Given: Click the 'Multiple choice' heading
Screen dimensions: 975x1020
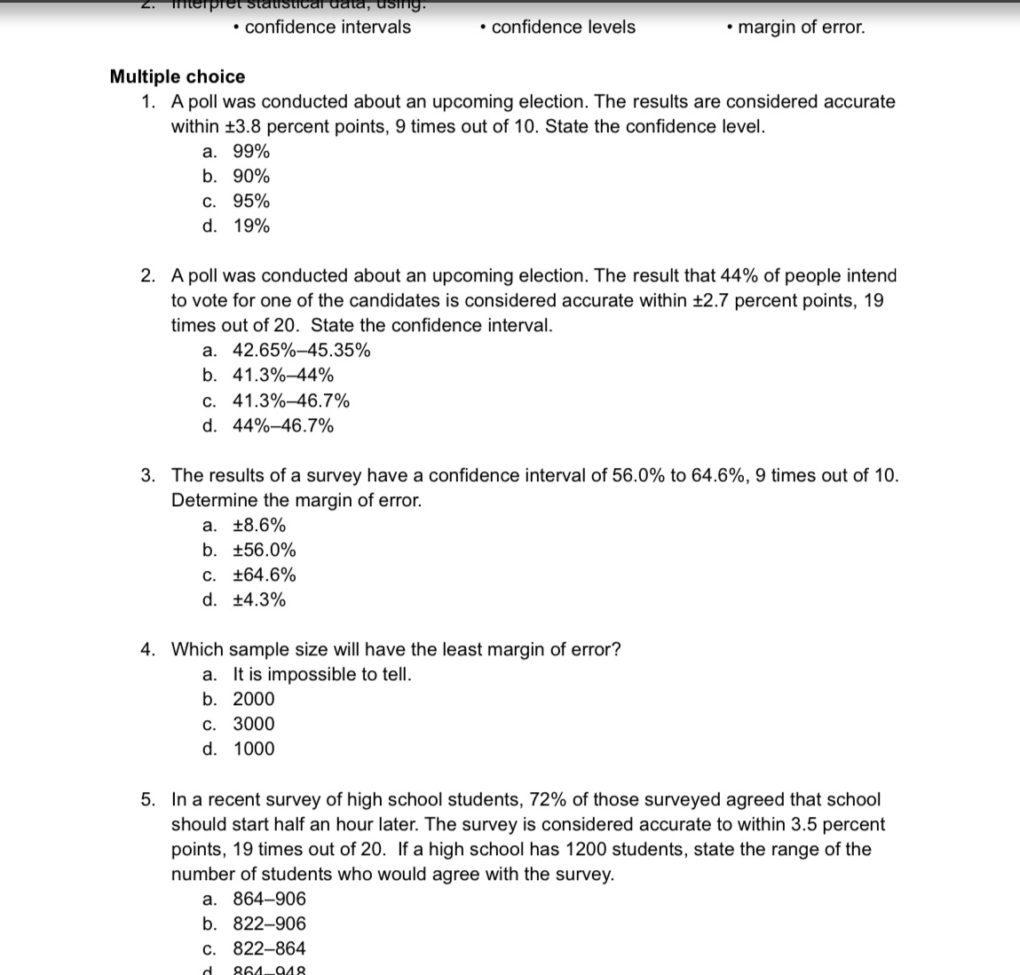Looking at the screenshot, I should pos(177,76).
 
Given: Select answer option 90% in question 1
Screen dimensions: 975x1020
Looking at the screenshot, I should pos(251,176).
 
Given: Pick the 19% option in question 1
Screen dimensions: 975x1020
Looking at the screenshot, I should pos(251,226).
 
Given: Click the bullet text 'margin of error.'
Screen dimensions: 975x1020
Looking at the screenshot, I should pos(801,27).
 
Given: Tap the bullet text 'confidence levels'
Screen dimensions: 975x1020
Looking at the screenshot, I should pos(563,27).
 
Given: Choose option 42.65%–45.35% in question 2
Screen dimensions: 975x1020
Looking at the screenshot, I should pos(302,350).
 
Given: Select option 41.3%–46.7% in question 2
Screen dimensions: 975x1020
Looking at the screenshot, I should pos(291,400).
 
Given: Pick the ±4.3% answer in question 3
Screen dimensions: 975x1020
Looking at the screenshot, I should pos(259,599).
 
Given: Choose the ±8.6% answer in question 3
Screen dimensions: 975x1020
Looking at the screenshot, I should pos(259,525).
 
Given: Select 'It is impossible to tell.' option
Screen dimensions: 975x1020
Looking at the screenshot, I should pos(322,674).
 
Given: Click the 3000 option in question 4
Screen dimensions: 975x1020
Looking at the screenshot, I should pos(254,724).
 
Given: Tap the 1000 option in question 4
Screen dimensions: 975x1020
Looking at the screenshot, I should pos(254,749).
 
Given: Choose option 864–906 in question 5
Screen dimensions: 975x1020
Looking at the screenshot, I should pos(269,898).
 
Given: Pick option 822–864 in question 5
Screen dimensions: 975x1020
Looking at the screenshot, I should pos(269,947).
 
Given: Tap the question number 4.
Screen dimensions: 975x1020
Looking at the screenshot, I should pos(148,649).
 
